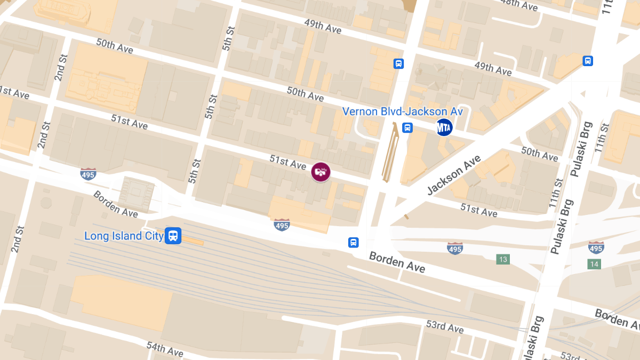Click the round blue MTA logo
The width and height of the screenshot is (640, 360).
(x=444, y=127)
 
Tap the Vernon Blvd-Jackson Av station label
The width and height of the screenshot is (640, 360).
(x=402, y=112)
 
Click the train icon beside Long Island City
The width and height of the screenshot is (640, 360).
(x=173, y=235)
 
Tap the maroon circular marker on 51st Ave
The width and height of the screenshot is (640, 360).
(x=321, y=172)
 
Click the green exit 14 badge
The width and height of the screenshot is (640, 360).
(x=594, y=264)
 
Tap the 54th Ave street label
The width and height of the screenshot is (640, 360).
(x=165, y=349)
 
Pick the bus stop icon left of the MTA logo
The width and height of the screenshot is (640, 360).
(x=407, y=128)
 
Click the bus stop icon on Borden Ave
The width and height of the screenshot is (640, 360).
(x=353, y=243)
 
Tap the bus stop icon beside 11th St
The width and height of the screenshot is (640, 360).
(x=588, y=61)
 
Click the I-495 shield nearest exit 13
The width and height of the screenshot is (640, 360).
(x=454, y=247)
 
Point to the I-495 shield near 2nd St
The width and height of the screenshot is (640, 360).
(x=89, y=174)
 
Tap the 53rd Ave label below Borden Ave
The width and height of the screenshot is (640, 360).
(x=445, y=326)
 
